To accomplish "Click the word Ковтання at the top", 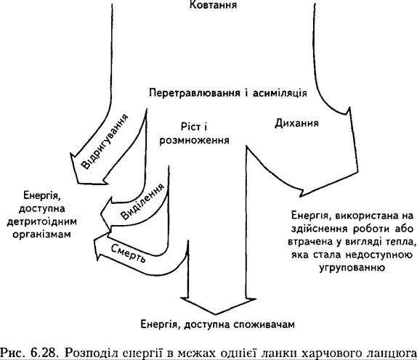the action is [x=213, y=5].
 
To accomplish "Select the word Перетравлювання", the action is [x=193, y=93].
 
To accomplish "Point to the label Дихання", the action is [x=296, y=123].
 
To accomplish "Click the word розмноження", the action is [x=194, y=140].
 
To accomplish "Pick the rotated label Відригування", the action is [x=105, y=142].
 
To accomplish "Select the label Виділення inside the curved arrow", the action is [x=143, y=201].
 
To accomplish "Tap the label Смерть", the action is [x=129, y=253].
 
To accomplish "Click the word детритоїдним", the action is [x=41, y=221].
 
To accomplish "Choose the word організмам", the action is [x=41, y=234].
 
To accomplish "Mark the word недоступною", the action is [x=378, y=255].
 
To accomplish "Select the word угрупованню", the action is [x=352, y=268].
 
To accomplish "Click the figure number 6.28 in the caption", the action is [x=44, y=353].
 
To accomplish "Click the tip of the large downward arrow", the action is [x=216, y=314].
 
